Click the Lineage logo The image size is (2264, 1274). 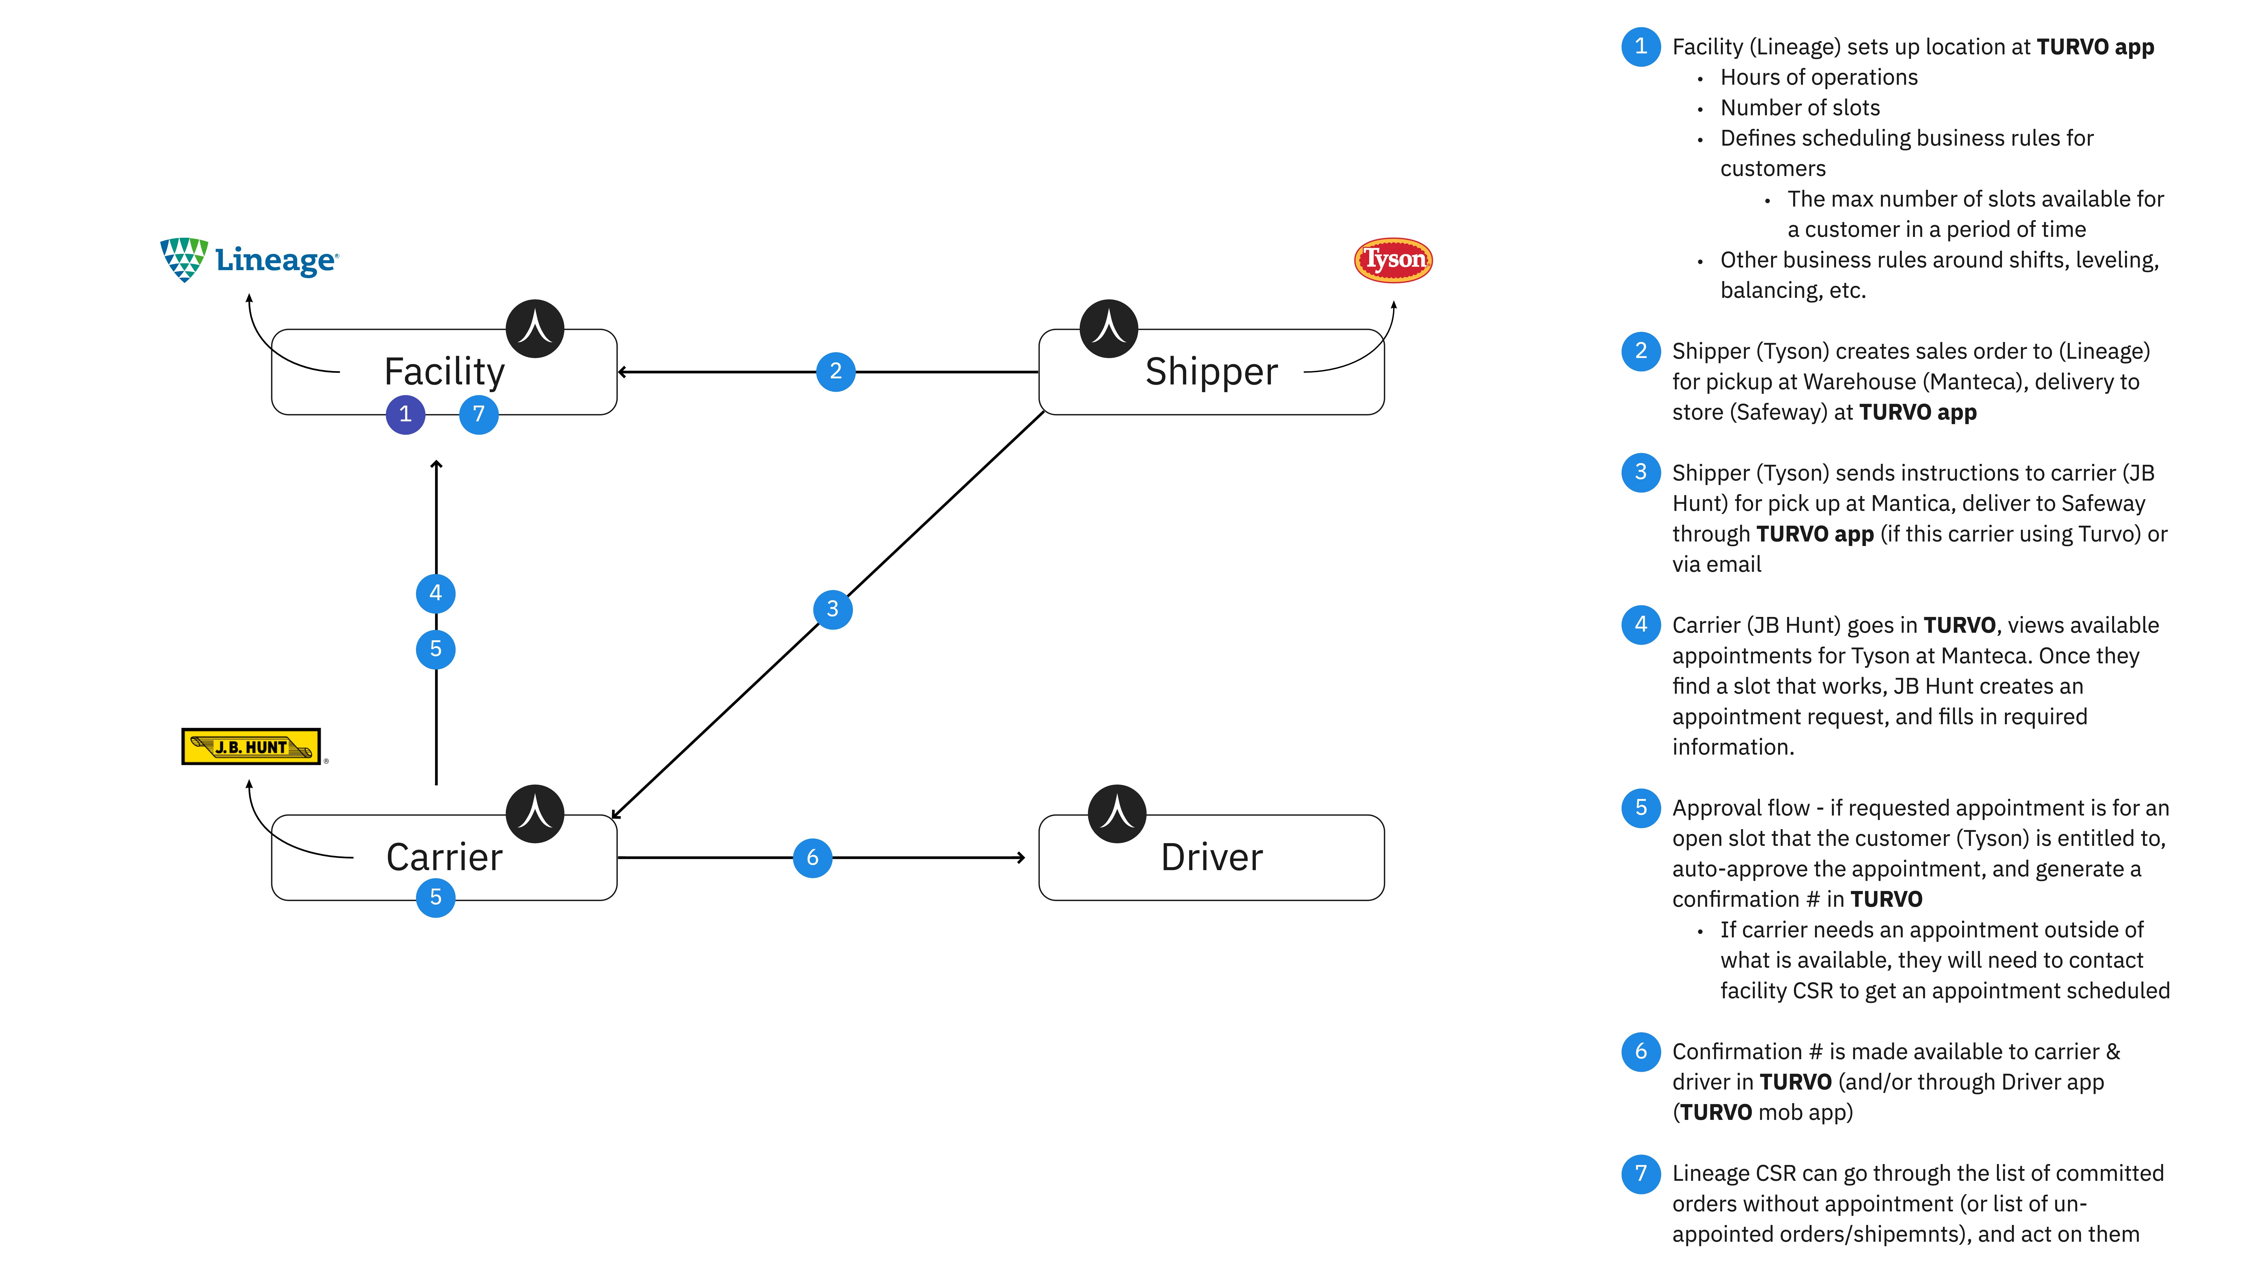pyautogui.click(x=249, y=259)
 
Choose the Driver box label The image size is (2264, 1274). pyautogui.click(x=1211, y=857)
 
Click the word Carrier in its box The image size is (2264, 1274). pyautogui.click(x=445, y=857)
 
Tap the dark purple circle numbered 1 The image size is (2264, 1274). pyautogui.click(x=405, y=414)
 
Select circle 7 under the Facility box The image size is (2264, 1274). pyautogui.click(x=479, y=414)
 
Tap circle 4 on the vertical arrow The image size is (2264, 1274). pyautogui.click(x=436, y=593)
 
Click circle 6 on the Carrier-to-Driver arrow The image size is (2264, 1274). pyautogui.click(x=813, y=857)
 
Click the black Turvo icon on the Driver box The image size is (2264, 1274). pyautogui.click(x=1117, y=813)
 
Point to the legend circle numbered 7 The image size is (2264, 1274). pyautogui.click(x=1641, y=1174)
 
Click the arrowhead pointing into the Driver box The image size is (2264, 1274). pyautogui.click(x=1021, y=857)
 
